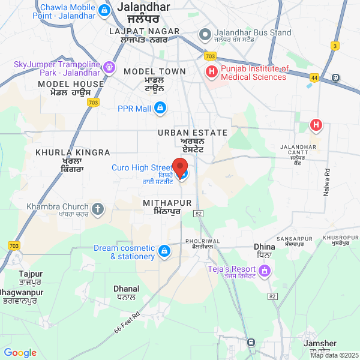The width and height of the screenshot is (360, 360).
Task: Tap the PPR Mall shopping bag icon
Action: (x=160, y=108)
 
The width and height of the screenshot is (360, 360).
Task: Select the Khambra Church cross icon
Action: (x=98, y=209)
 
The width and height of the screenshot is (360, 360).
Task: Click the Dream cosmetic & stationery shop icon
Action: (x=164, y=250)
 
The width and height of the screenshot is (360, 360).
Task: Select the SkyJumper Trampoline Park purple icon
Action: (x=110, y=67)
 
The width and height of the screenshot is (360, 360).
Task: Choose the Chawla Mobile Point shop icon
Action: (x=104, y=10)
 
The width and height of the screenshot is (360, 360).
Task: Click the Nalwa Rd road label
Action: (x=328, y=181)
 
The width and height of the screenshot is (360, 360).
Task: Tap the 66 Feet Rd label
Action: (x=127, y=323)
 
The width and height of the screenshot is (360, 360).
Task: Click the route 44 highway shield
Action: (x=314, y=77)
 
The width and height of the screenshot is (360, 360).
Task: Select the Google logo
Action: (x=20, y=353)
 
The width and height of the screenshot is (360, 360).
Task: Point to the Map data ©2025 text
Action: (x=334, y=355)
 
